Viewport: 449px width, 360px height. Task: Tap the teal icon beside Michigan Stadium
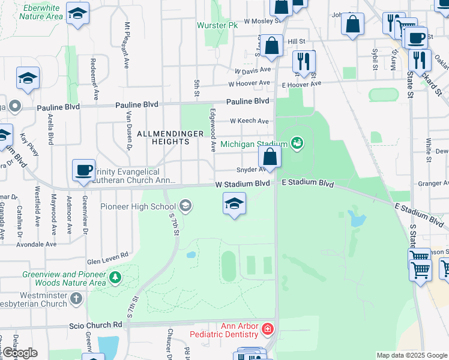coord(296,143)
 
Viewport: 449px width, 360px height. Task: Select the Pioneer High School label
coord(147,207)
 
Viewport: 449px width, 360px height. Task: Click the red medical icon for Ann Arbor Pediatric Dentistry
coord(267,329)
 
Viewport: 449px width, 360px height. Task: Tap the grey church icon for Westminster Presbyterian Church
coord(76,298)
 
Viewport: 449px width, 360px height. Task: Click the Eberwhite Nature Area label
coord(41,12)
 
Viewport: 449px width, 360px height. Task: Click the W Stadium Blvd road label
coord(243,183)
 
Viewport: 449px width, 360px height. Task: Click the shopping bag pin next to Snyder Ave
coord(271,157)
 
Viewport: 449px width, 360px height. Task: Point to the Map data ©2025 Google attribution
coord(411,355)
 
